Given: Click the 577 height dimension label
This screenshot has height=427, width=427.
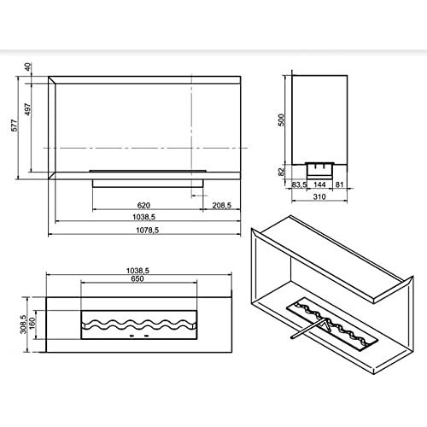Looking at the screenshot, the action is pos(15,126).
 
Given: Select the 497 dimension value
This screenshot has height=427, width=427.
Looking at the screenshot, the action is pos(27,109).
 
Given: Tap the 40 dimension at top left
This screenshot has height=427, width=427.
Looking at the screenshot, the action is pos(27,67).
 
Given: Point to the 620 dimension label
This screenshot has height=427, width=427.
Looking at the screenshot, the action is pos(143,205).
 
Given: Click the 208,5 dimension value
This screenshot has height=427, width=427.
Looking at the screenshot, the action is pos(222,205).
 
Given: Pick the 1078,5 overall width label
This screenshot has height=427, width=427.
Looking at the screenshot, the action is pos(148,230).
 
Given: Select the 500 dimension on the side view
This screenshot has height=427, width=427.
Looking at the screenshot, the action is pos(281,120).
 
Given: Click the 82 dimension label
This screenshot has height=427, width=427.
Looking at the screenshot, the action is pos(281,172).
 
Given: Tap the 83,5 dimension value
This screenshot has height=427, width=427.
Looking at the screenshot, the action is pos(300,184).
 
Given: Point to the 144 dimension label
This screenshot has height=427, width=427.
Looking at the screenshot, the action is pos(319,184).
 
